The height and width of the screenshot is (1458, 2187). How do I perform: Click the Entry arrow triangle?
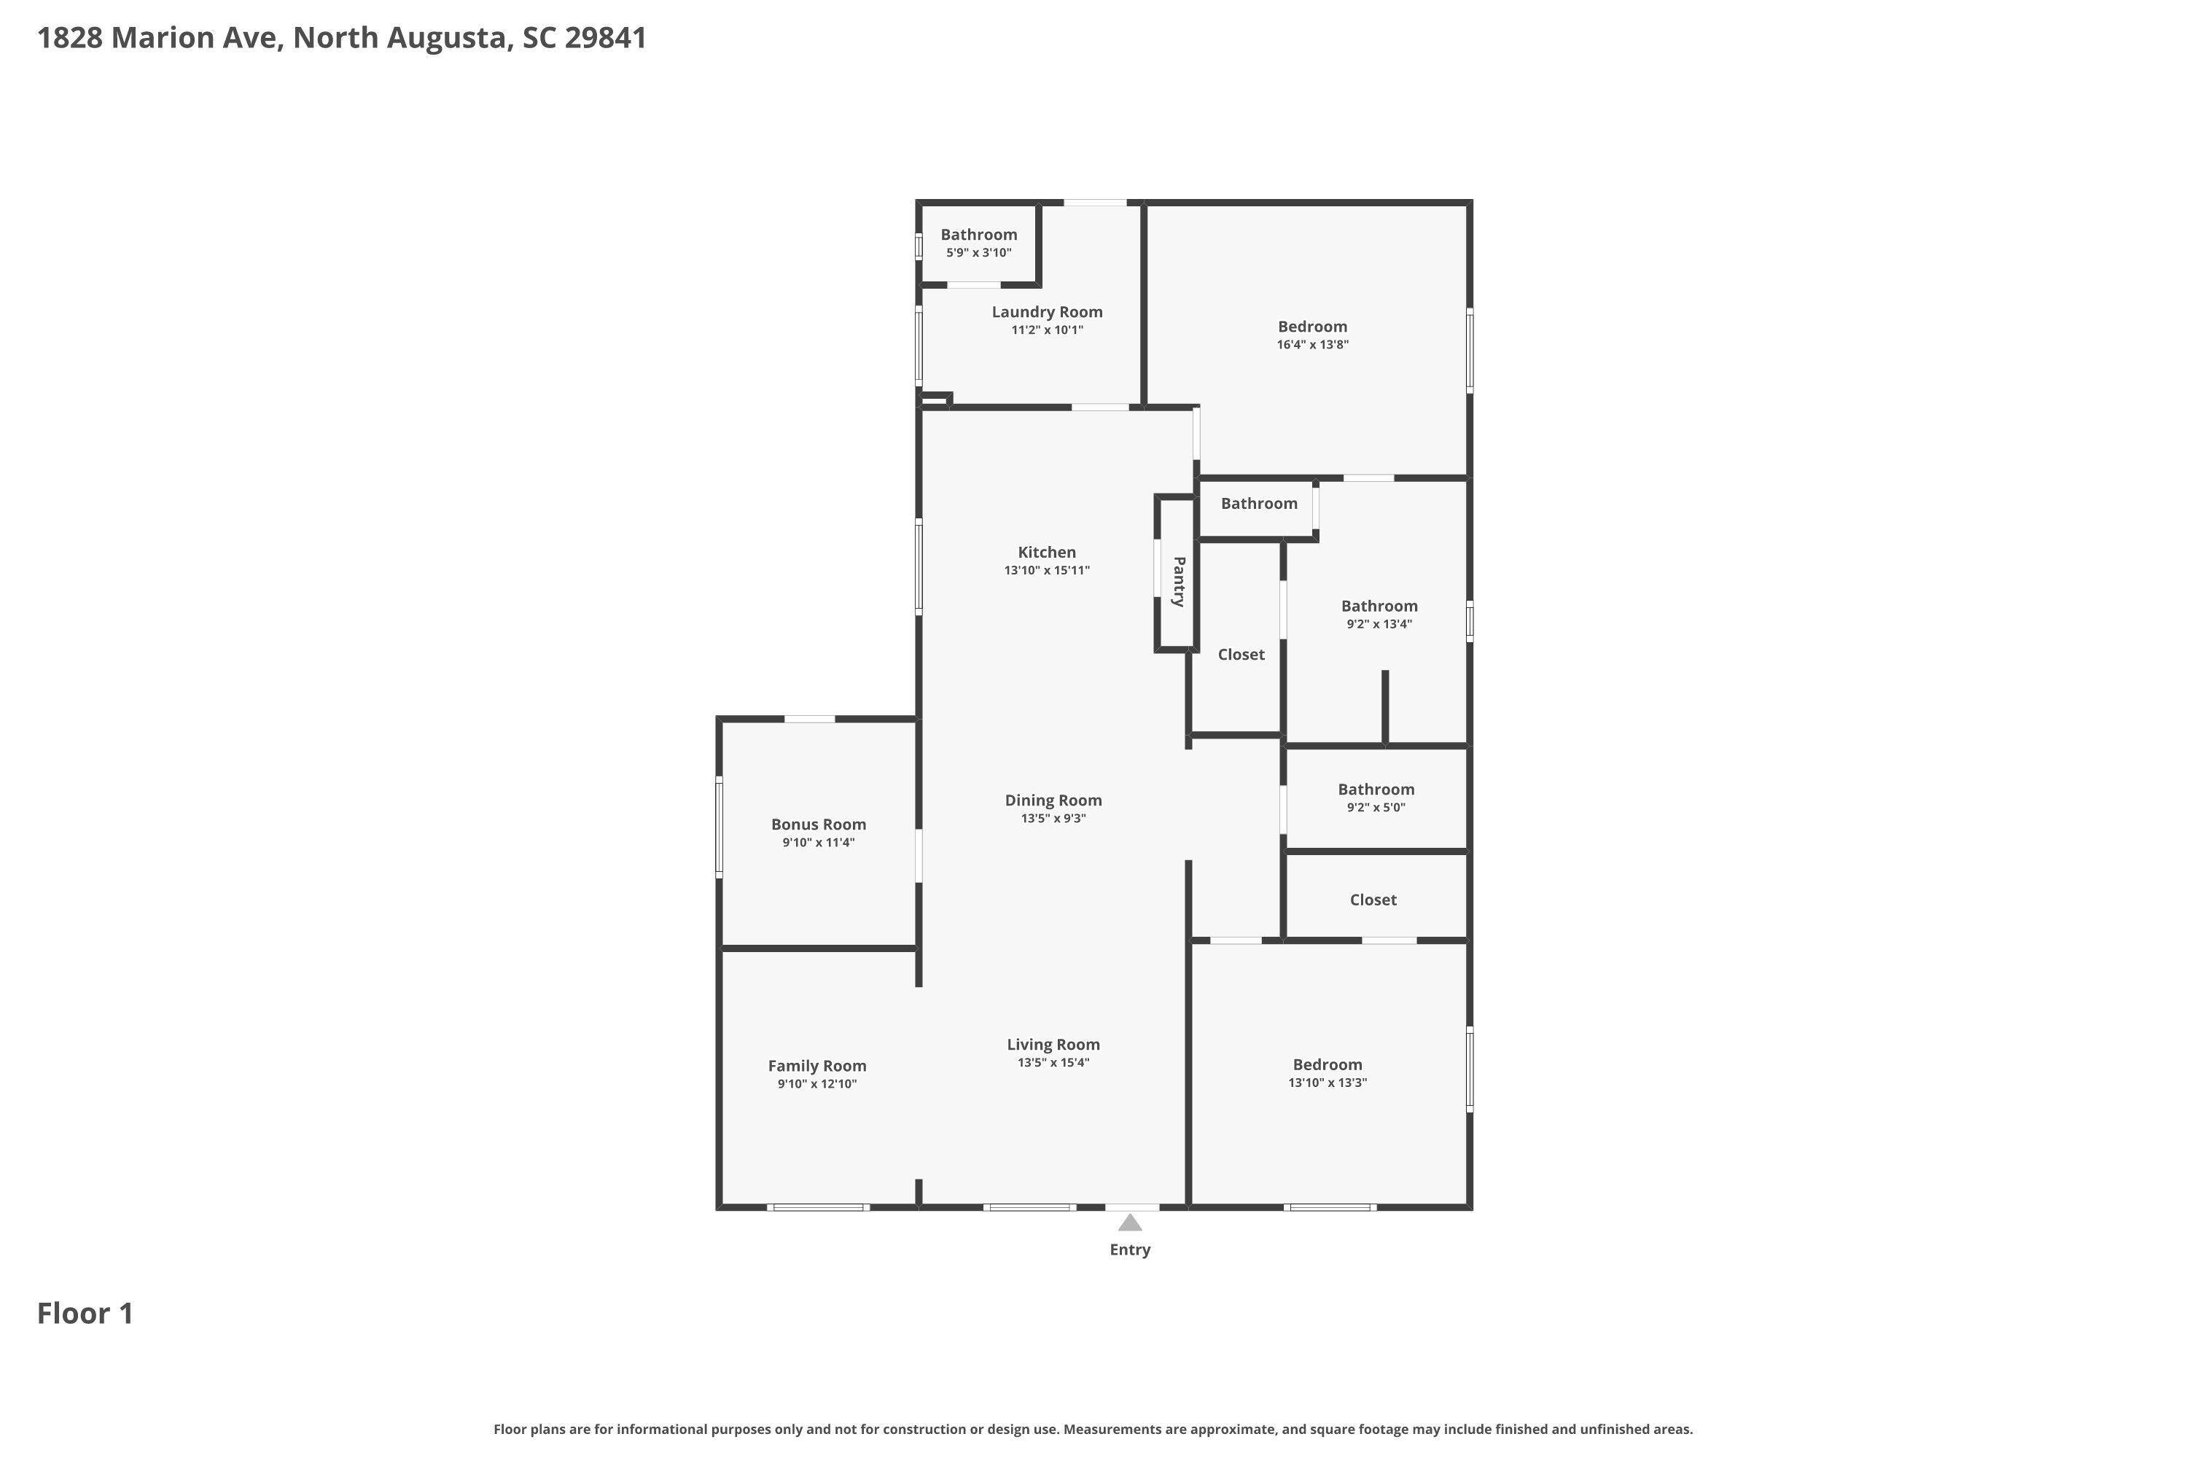[1130, 1222]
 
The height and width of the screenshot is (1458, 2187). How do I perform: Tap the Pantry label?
[1178, 582]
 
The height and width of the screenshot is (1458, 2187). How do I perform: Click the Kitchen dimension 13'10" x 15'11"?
[1047, 571]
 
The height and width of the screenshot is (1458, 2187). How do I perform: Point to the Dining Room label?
[1053, 800]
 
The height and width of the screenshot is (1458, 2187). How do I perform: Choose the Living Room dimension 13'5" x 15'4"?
[1053, 1063]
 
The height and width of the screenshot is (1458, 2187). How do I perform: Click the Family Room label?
[817, 1067]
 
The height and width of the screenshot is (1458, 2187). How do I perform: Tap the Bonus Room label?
[818, 824]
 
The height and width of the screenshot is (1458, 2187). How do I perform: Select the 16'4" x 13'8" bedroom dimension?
[1313, 345]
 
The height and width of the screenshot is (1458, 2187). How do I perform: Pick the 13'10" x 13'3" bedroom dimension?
[1328, 1083]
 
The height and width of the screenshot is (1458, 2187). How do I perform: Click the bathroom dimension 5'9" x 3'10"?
[979, 253]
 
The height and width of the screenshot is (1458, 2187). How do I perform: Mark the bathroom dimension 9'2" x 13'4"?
[1380, 625]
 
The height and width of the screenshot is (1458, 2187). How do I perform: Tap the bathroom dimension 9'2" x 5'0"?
[1376, 808]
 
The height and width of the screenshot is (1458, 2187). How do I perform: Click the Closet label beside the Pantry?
[1241, 655]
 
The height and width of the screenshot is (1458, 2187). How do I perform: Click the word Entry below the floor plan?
[1130, 1250]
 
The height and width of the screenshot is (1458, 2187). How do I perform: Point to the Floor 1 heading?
[85, 1313]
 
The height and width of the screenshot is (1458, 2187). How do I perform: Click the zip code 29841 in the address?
[605, 38]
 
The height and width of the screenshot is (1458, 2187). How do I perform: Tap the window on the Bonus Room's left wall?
[719, 827]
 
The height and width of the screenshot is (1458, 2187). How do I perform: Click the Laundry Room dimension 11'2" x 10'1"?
[1047, 330]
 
